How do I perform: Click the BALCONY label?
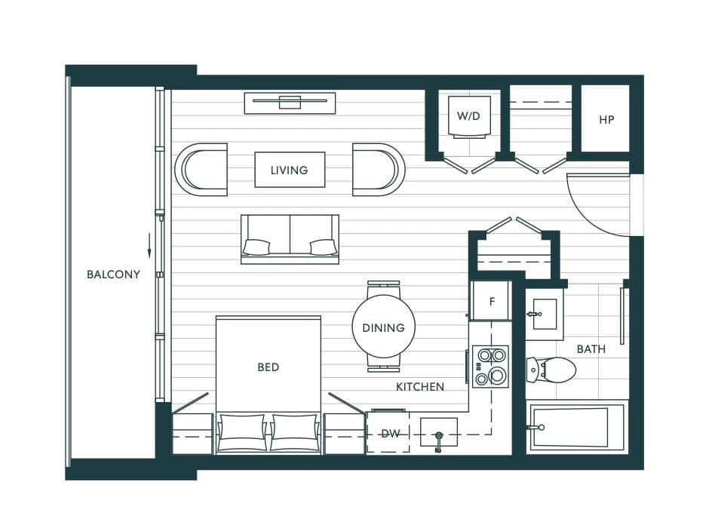pyautogui.click(x=113, y=275)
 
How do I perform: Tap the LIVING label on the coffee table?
pyautogui.click(x=289, y=170)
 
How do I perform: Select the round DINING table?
pyautogui.click(x=383, y=327)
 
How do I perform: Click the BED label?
pyautogui.click(x=269, y=367)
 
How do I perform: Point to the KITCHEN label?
pyautogui.click(x=420, y=387)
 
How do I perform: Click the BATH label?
pyautogui.click(x=591, y=349)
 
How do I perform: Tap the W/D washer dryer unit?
pyautogui.click(x=469, y=117)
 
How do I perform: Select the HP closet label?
pyautogui.click(x=606, y=120)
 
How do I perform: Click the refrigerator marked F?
pyautogui.click(x=491, y=301)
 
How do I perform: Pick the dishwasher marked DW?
pyautogui.click(x=388, y=433)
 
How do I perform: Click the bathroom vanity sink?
pyautogui.click(x=545, y=314)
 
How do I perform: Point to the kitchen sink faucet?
pyautogui.click(x=438, y=441)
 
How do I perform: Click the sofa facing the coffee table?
pyautogui.click(x=290, y=239)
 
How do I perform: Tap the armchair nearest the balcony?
pyautogui.click(x=201, y=170)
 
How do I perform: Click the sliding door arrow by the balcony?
pyautogui.click(x=149, y=246)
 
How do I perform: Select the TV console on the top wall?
pyautogui.click(x=290, y=103)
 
